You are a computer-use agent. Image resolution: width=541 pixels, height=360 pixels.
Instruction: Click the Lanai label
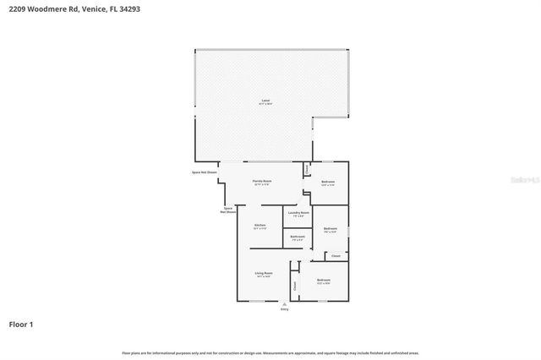pos(265,101)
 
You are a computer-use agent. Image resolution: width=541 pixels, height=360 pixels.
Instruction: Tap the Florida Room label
pos(261,182)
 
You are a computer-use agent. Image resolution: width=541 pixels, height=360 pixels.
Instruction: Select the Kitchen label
pos(260,225)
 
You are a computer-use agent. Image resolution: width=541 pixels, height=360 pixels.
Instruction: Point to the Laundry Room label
pos(298,213)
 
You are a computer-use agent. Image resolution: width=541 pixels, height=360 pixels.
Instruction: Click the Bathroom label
pos(298,237)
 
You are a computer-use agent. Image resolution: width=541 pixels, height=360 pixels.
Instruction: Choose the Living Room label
pos(264,273)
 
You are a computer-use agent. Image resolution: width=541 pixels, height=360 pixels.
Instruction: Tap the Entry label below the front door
pos(284,309)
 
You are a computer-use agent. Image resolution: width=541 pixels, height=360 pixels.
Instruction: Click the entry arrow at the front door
pos(284,303)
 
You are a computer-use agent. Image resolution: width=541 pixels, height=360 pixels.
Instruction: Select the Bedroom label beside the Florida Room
pos(328,183)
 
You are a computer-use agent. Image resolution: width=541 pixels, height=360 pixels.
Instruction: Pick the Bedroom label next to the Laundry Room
pos(331,229)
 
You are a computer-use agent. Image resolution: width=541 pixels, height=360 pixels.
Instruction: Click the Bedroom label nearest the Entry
pos(323,280)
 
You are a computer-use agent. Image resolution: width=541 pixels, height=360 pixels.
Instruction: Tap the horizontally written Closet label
pos(336,255)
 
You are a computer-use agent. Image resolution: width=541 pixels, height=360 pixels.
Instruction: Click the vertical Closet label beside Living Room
pos(295,286)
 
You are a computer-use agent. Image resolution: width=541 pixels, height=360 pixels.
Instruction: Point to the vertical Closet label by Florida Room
pos(307,170)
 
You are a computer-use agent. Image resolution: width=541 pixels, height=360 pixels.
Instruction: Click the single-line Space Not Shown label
pos(205,172)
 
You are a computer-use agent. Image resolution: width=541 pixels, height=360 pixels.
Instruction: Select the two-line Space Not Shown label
pos(227,210)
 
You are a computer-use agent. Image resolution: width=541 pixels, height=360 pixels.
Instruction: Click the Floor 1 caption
pos(21,324)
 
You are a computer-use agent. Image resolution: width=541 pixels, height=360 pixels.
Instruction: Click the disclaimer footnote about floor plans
pos(270,352)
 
